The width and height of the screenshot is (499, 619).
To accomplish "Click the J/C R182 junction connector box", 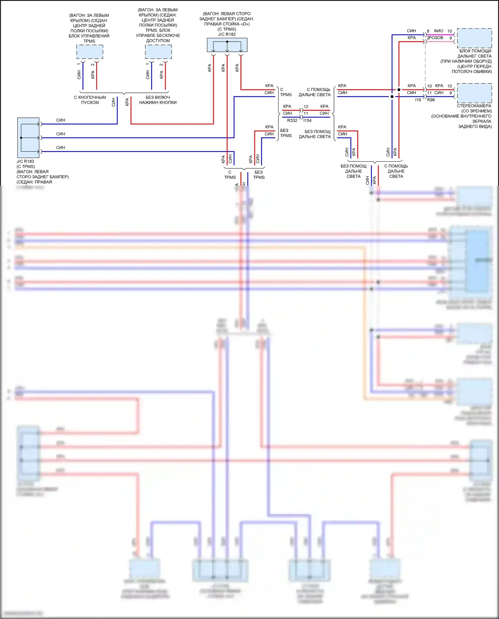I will [x=227, y=45].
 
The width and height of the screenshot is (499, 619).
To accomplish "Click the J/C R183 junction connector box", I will [x=28, y=137].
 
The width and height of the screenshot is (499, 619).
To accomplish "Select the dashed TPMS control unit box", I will [x=89, y=52].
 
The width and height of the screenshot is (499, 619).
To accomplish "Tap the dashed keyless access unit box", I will [x=158, y=52].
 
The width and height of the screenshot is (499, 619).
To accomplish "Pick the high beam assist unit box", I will [x=474, y=38].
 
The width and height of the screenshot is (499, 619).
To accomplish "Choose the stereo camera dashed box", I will [x=474, y=93].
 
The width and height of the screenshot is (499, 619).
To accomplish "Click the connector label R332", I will [x=292, y=120].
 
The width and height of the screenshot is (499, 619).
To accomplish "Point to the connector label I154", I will [x=307, y=120].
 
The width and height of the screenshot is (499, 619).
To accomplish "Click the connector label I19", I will [x=418, y=100].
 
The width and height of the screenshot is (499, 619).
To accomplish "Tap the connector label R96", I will [x=431, y=100].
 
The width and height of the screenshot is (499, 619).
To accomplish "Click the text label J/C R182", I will [x=227, y=34].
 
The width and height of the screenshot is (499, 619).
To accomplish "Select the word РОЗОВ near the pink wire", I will [x=436, y=38].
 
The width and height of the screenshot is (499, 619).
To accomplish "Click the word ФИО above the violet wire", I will [x=438, y=31].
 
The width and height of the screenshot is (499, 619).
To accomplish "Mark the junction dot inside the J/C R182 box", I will [x=227, y=42].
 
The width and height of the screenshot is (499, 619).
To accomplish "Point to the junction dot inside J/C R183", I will [x=21, y=137].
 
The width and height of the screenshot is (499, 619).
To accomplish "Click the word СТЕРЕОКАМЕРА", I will [x=474, y=106].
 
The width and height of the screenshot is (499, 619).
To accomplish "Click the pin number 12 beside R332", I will [x=306, y=107].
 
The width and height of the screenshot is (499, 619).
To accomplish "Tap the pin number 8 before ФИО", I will [x=428, y=31].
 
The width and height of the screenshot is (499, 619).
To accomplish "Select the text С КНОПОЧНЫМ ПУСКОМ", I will [x=90, y=100].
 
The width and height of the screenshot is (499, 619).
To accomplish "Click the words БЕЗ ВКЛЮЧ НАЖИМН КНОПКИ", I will [x=158, y=100].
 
